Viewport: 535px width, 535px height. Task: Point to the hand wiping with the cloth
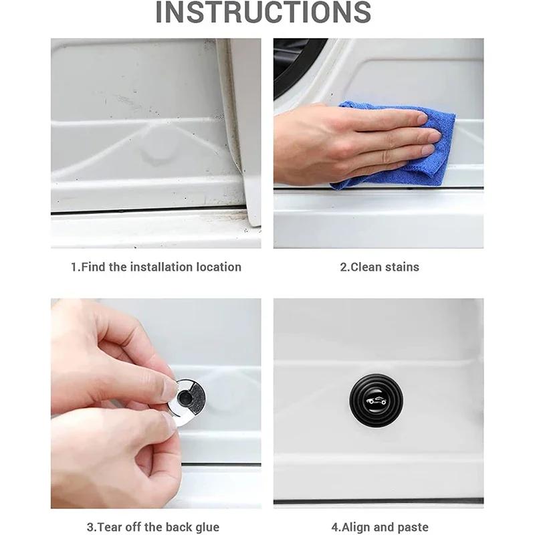pos(348,144)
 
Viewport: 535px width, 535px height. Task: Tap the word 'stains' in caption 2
pos(401,267)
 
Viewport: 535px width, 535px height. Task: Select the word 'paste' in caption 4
pos(413,528)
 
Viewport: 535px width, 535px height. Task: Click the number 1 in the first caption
pos(74,267)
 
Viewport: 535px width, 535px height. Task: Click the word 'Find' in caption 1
pos(94,267)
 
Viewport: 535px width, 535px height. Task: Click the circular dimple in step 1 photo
pos(155,154)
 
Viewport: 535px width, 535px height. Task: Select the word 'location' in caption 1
pos(219,267)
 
